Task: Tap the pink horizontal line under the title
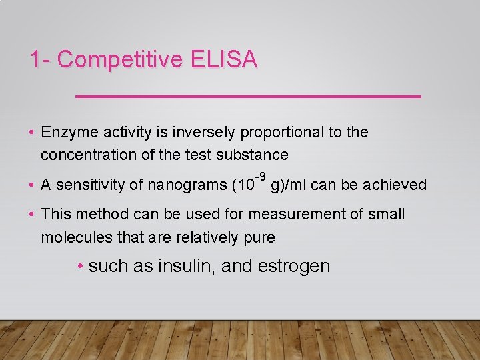click(248, 97)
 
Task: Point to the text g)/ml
click(289, 185)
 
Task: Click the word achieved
click(398, 185)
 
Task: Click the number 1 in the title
click(35, 60)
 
